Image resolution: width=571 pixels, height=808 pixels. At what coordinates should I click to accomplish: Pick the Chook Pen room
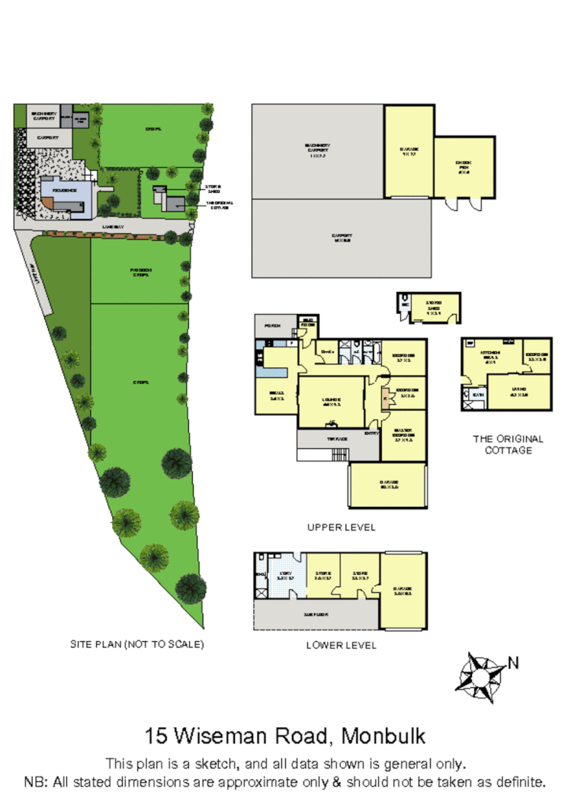(x=464, y=168)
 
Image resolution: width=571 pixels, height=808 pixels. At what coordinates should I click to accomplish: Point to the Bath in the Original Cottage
(x=477, y=395)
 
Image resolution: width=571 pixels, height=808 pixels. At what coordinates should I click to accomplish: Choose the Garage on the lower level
(x=404, y=590)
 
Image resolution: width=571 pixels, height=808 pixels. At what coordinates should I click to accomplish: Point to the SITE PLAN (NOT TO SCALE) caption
(x=136, y=644)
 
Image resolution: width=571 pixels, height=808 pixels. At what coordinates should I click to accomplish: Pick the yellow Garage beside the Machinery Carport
(x=408, y=150)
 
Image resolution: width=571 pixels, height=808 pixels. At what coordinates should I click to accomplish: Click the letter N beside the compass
(x=513, y=662)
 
